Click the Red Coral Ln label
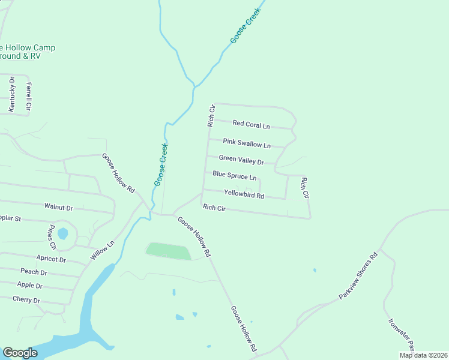(251, 124)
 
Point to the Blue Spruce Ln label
(234, 176)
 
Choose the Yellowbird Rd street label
(244, 194)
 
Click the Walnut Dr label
(58, 207)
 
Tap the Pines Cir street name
(52, 238)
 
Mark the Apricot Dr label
(51, 259)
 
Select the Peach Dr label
(34, 272)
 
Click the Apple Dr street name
(30, 285)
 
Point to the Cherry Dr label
(26, 300)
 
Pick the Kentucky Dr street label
(12, 94)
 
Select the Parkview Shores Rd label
(357, 276)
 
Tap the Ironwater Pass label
(401, 334)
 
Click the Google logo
(20, 353)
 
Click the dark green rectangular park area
(169, 251)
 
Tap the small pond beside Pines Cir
(63, 233)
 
